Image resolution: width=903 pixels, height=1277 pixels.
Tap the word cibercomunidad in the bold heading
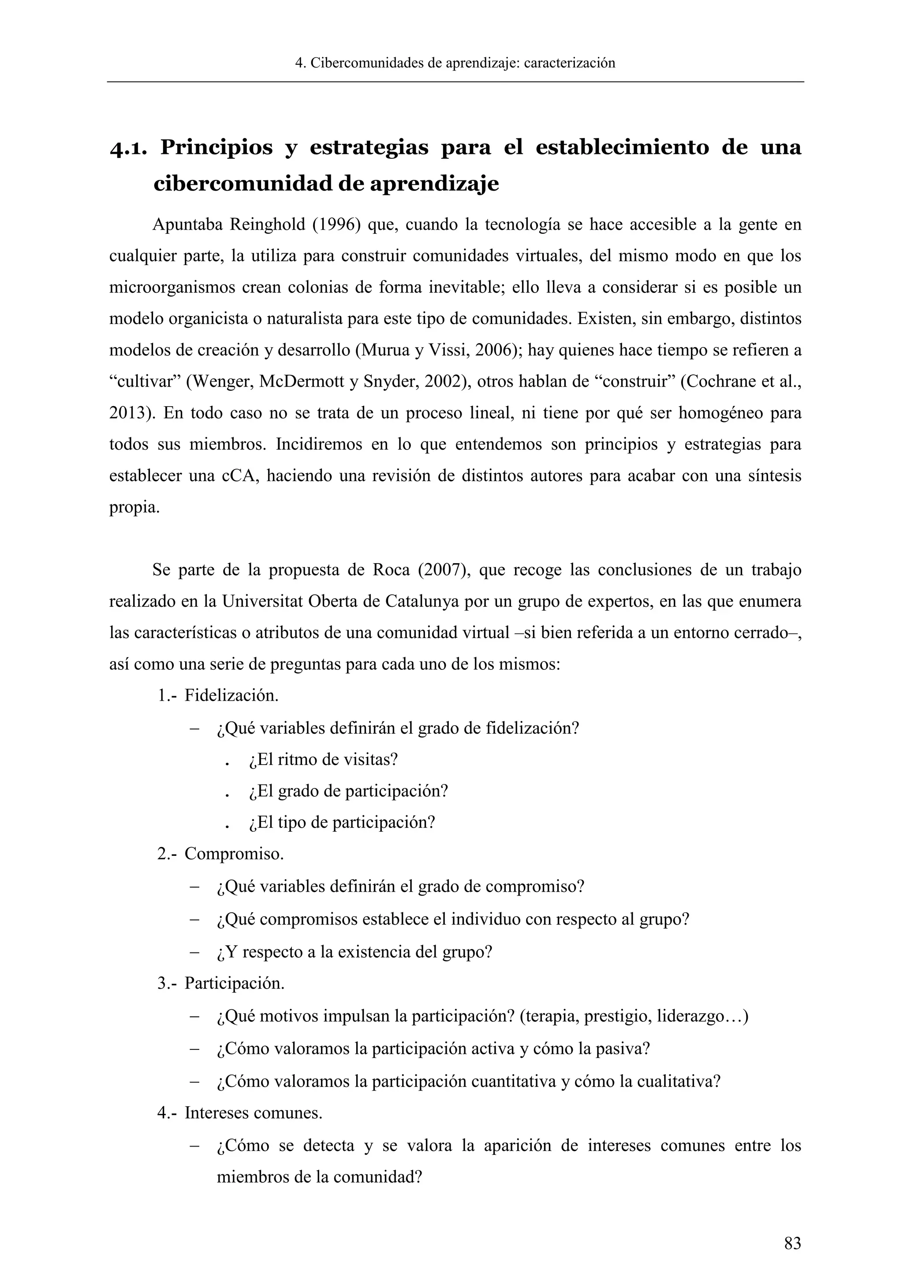(243, 183)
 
